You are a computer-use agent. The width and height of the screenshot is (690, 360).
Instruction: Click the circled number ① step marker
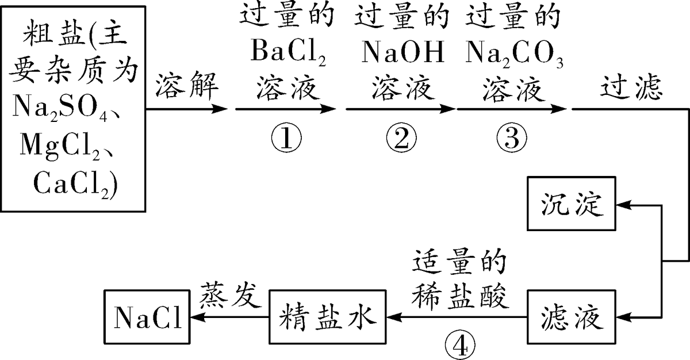click(285, 137)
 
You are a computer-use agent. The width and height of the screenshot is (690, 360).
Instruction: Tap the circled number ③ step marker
click(511, 137)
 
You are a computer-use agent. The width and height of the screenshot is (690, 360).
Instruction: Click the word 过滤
click(631, 88)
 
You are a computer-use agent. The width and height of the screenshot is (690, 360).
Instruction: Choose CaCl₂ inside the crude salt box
click(75, 182)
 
